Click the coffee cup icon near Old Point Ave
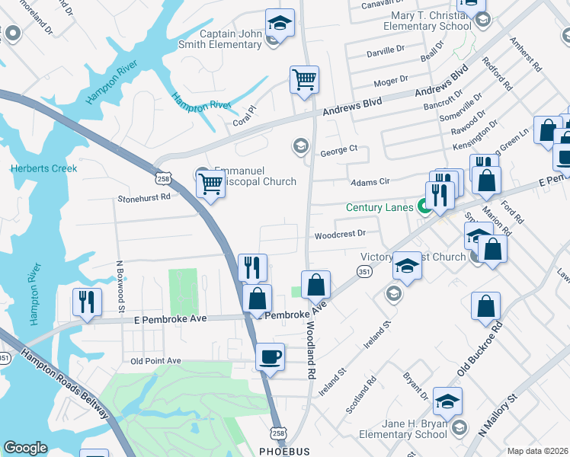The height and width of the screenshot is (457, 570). point(270,356)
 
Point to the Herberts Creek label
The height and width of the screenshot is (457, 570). point(43,168)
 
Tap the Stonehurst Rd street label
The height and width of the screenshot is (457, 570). point(143,197)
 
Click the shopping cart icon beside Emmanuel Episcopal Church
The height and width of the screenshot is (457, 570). point(210,183)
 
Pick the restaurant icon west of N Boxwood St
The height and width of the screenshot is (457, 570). point(87,302)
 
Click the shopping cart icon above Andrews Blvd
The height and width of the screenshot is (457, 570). point(304,79)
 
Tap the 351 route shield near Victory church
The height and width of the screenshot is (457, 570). point(365,272)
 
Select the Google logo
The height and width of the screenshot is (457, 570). point(25,448)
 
